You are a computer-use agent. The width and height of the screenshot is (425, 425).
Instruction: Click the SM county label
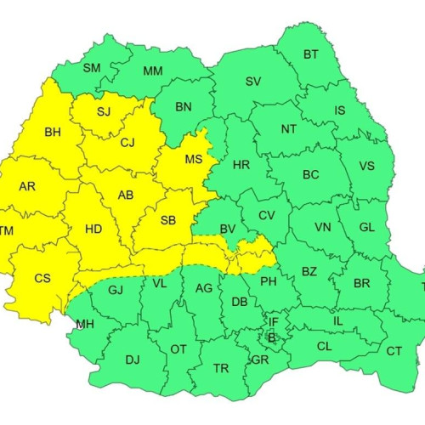click(x=92, y=67)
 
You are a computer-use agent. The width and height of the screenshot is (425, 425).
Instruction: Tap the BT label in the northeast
click(x=310, y=55)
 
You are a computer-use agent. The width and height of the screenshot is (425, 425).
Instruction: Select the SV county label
click(x=253, y=82)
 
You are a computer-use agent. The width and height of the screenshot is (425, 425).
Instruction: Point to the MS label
click(x=195, y=159)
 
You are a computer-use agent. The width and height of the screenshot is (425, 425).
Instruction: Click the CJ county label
click(x=127, y=142)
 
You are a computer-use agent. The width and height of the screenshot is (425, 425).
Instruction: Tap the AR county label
click(x=27, y=187)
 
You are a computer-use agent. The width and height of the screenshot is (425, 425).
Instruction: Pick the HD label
click(x=93, y=228)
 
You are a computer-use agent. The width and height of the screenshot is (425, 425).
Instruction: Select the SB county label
click(x=167, y=220)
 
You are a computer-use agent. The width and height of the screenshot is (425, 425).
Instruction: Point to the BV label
click(x=227, y=229)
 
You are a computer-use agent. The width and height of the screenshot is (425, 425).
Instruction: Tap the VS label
click(x=367, y=166)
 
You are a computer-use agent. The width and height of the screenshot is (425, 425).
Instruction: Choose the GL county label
click(x=366, y=227)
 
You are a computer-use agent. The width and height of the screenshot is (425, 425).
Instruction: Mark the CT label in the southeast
click(x=394, y=350)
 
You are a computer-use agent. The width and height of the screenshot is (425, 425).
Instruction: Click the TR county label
click(x=221, y=368)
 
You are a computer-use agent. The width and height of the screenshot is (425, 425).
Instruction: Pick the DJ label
click(x=132, y=360)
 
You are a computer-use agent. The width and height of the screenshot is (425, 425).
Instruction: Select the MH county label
click(x=85, y=324)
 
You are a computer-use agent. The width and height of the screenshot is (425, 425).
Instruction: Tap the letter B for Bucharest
click(x=272, y=337)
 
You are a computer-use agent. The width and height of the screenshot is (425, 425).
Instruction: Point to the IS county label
click(x=340, y=110)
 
